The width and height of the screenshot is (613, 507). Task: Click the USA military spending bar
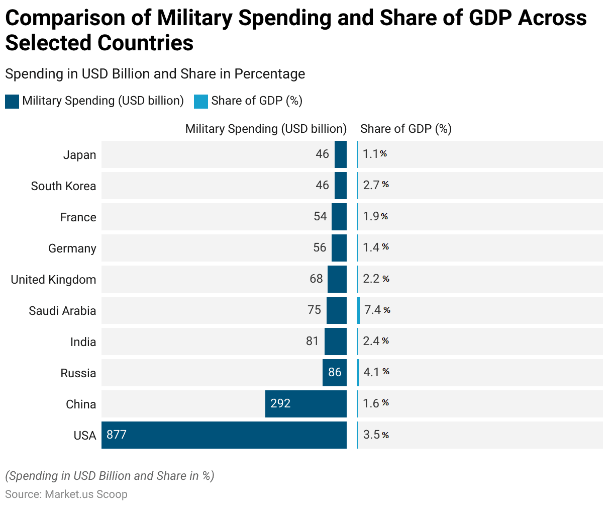tap(224, 435)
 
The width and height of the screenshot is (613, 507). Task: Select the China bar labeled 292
tap(306, 404)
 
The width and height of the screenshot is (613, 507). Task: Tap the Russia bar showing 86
tap(335, 373)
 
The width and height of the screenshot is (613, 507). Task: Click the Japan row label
tap(79, 155)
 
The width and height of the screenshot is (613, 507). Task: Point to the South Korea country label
tap(63, 186)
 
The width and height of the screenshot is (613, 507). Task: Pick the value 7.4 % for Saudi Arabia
tap(377, 310)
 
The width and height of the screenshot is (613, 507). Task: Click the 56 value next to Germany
tap(320, 247)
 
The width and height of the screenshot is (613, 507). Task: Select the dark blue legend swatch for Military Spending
tap(12, 102)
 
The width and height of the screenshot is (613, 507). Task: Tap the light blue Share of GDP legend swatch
tap(201, 102)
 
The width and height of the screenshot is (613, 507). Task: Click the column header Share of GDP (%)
tap(406, 129)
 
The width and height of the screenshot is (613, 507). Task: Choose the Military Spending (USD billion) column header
tap(266, 129)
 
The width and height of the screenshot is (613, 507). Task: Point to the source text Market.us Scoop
tap(86, 494)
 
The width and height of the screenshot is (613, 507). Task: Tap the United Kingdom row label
tap(53, 280)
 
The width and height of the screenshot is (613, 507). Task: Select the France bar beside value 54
tap(339, 217)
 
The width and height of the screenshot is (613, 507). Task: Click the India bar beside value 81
tap(336, 342)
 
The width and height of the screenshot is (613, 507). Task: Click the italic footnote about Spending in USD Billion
tap(110, 476)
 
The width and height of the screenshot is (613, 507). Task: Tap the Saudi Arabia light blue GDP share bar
tap(358, 310)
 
